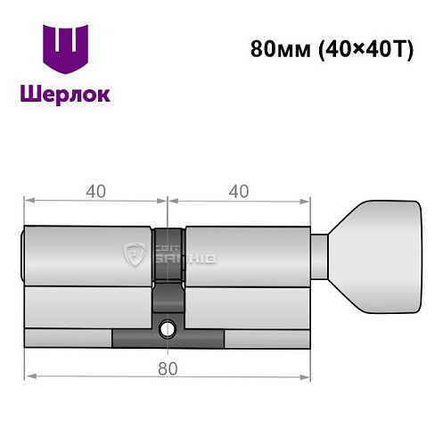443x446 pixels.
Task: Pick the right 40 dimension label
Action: click(238, 190)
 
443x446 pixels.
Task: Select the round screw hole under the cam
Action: click(167, 331)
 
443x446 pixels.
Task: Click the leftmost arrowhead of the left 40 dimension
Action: click(29, 201)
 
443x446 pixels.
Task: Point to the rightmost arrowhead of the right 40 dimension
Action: click(308, 201)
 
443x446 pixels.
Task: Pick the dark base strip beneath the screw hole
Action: click(167, 343)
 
